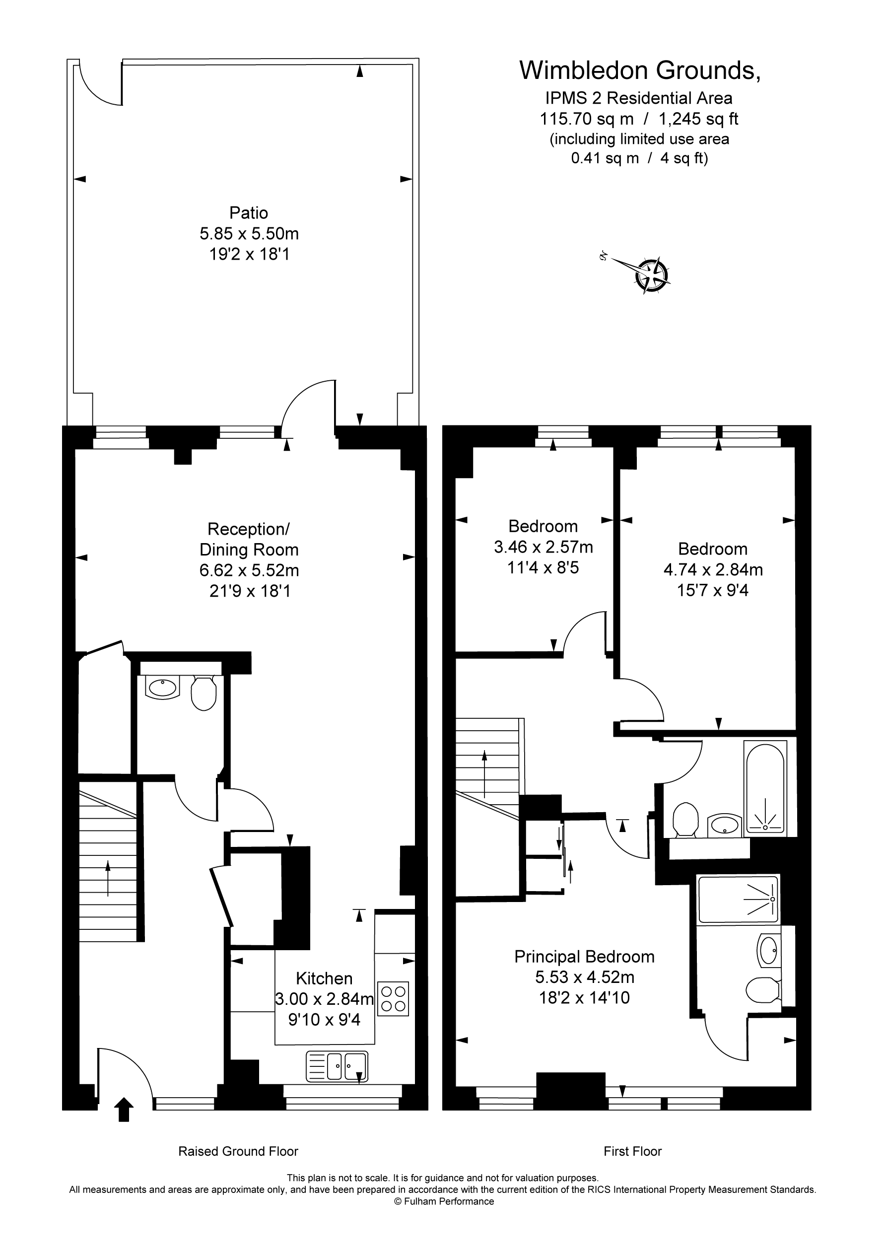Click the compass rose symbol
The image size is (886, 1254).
(x=652, y=275)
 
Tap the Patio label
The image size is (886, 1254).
(x=249, y=212)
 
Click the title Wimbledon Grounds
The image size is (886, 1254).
(x=639, y=70)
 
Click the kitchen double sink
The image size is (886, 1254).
(x=337, y=1067)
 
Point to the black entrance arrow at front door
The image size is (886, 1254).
(x=124, y=1109)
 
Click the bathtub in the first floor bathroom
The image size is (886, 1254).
(x=765, y=787)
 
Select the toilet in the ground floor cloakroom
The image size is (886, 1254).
(x=203, y=693)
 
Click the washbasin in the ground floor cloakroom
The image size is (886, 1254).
(x=162, y=688)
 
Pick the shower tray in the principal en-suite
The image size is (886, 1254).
(x=738, y=899)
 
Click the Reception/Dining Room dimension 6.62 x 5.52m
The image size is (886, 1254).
(x=249, y=570)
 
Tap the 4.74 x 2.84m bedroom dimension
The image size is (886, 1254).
(x=713, y=569)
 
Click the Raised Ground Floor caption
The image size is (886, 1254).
(x=238, y=1151)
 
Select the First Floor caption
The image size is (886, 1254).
(x=632, y=1151)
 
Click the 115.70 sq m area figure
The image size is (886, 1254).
(x=587, y=119)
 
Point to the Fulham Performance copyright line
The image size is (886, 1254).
(x=444, y=1201)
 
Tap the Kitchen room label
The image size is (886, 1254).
(x=324, y=977)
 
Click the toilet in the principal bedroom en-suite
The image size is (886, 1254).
(x=762, y=990)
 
